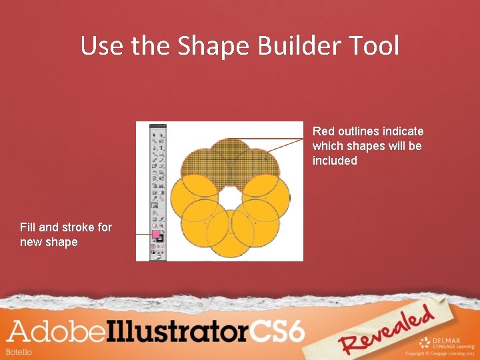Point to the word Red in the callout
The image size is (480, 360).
[x=323, y=131]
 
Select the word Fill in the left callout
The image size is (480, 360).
[x=29, y=227]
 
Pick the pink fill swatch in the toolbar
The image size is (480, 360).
[x=155, y=235]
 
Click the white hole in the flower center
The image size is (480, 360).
[x=229, y=197]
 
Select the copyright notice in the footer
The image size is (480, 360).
[x=441, y=353]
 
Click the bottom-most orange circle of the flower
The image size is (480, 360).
[x=230, y=235]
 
